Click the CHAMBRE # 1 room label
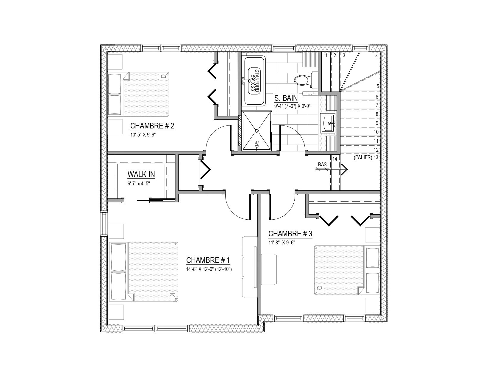pos(208,260)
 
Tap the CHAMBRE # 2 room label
pos(152,126)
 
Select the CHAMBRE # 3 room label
pos(290,234)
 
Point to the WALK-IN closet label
pos(141,174)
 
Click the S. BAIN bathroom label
pos(286,98)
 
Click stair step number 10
pos(376,132)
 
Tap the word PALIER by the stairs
pos(363,157)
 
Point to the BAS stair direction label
pos(322,165)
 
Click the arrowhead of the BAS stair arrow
pos(345,170)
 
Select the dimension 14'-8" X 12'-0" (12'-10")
pos(209,269)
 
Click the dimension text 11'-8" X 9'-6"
pos(282,243)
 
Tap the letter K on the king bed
pos(172,295)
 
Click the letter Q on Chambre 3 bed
pos(320,288)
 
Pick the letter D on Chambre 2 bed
pos(164,77)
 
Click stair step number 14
pos(335,159)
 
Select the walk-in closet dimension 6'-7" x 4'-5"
pos(139,183)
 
